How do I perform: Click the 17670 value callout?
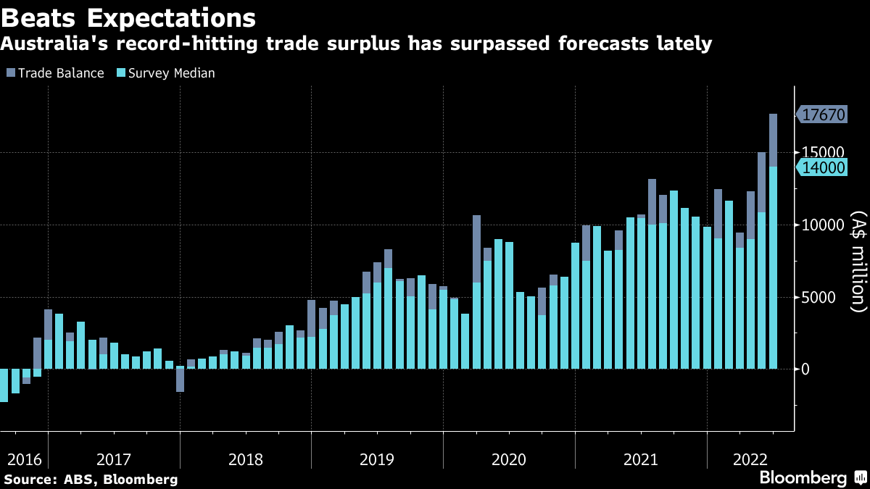(822, 114)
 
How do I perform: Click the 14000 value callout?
(822, 167)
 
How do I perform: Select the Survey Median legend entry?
(165, 73)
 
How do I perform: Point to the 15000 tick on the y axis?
(821, 153)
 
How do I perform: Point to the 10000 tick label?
(821, 225)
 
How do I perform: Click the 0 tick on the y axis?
(805, 369)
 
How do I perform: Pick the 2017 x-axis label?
(113, 459)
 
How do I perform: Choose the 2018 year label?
(245, 459)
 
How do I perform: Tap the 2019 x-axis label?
(376, 459)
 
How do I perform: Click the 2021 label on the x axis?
(640, 459)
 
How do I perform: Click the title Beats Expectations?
(128, 17)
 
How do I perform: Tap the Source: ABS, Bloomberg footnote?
(91, 480)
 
